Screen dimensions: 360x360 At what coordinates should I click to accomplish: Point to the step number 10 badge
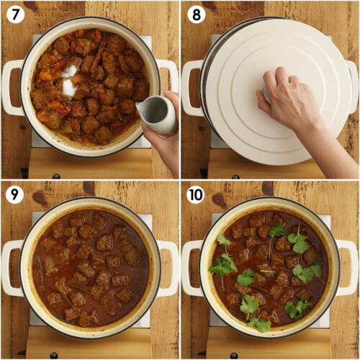[195, 194]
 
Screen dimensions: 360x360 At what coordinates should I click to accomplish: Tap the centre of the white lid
[270, 90]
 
